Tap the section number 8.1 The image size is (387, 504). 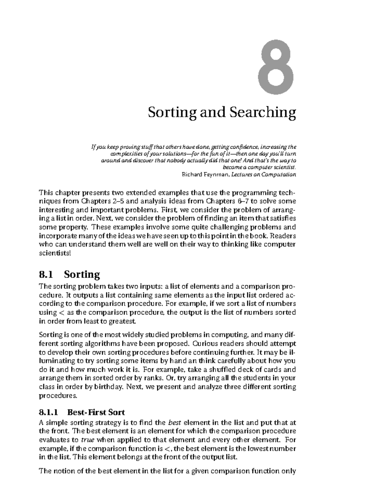click(x=45, y=274)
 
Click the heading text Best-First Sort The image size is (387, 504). click(x=96, y=412)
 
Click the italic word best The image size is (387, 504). click(x=174, y=422)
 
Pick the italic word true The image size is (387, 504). click(x=87, y=440)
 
